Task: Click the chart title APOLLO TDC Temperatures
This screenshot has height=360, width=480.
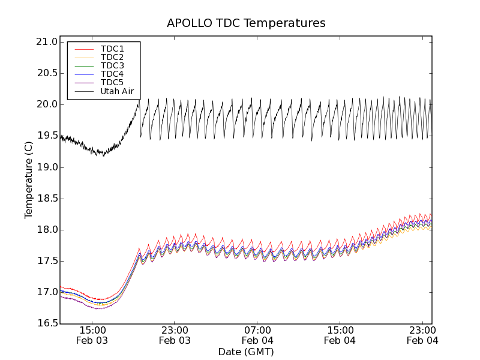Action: [246, 23]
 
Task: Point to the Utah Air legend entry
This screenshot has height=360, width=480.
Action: [117, 91]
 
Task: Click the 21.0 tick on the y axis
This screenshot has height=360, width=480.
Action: [46, 42]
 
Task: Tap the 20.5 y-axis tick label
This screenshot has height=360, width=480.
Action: [46, 73]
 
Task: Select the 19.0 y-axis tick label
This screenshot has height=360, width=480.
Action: [46, 167]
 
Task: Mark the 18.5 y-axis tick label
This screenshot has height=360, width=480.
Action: [46, 199]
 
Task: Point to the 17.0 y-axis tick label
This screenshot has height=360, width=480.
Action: [46, 292]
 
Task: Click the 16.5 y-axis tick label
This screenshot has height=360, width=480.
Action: [46, 323]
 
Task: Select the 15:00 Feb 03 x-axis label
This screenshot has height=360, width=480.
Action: [93, 335]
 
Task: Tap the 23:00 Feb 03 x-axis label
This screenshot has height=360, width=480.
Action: [175, 335]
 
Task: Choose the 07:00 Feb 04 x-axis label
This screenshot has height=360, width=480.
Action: [257, 335]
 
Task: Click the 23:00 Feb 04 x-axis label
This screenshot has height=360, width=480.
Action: [422, 335]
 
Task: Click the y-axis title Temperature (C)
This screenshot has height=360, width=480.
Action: [29, 180]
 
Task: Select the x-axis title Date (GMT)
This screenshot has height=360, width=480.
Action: [246, 352]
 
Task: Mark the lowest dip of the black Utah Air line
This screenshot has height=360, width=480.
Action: [103, 156]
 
